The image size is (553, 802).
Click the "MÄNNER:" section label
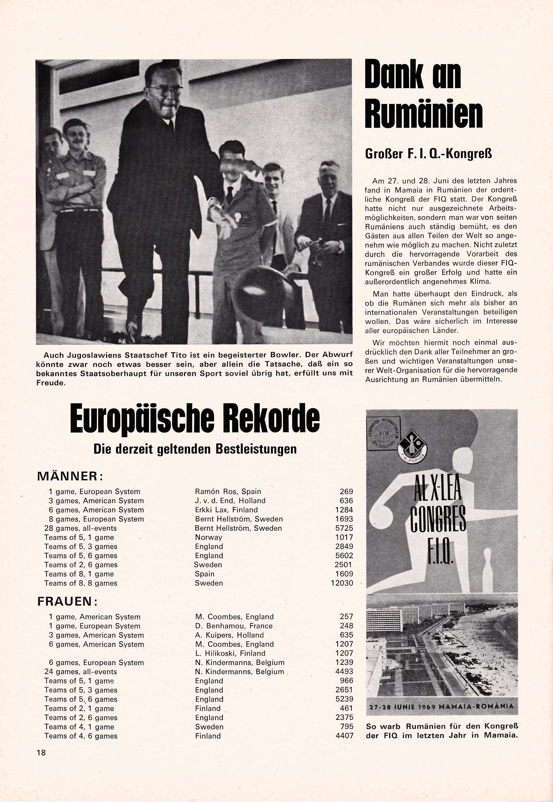(70, 476)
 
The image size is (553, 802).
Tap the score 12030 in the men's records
(342, 583)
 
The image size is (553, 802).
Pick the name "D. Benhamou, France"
(233, 626)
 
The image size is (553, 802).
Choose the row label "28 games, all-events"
(80, 528)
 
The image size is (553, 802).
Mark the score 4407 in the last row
(344, 736)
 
